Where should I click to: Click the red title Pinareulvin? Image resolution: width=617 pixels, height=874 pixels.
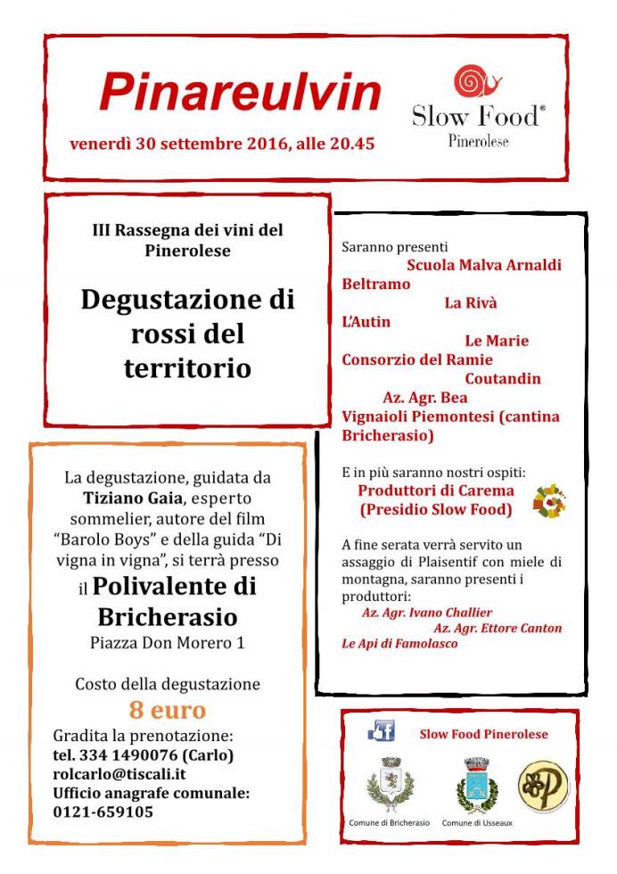click(x=241, y=90)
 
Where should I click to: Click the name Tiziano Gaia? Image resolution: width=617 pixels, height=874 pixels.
click(x=128, y=497)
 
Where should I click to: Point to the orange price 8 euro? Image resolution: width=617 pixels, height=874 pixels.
click(x=168, y=711)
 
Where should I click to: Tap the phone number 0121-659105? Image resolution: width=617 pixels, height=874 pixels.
click(x=103, y=812)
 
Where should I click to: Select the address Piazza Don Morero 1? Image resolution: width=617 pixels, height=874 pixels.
click(x=168, y=642)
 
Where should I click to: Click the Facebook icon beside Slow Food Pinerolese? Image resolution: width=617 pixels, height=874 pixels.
click(x=382, y=733)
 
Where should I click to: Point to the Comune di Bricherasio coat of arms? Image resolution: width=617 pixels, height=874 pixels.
click(x=391, y=785)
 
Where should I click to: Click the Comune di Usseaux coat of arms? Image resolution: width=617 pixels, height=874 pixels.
click(x=477, y=785)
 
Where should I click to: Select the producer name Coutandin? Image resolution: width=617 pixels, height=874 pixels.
click(x=503, y=379)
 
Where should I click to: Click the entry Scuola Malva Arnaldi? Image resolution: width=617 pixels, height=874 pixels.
click(x=484, y=265)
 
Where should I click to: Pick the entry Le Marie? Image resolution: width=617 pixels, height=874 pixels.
click(x=497, y=341)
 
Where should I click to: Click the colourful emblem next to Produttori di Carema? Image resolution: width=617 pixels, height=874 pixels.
click(x=549, y=502)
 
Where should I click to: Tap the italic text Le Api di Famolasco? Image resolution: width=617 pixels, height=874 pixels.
click(x=399, y=643)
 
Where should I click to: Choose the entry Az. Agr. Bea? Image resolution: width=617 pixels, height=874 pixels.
click(x=425, y=398)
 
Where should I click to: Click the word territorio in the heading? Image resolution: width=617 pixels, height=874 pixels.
click(x=187, y=368)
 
